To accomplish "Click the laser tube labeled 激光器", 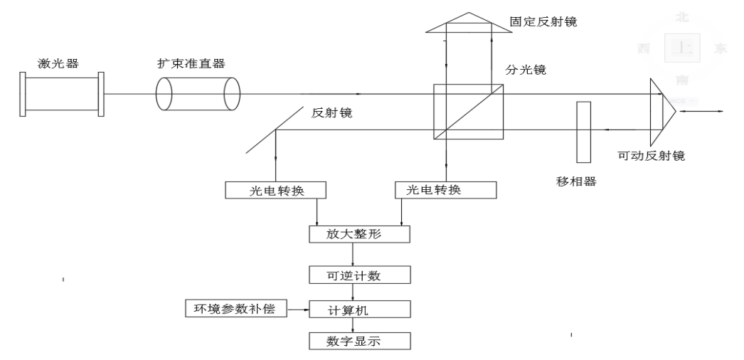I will (x=61, y=92).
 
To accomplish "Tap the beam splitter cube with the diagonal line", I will (x=468, y=112).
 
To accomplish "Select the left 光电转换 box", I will (x=275, y=190).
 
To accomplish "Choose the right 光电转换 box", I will (x=445, y=190).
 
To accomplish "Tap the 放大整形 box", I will (x=360, y=234).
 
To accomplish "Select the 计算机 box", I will (x=360, y=309).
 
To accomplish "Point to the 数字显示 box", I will (x=360, y=342).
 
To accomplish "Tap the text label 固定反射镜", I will (x=548, y=21).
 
